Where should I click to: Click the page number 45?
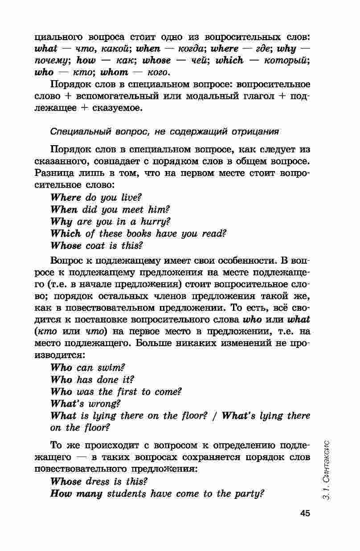pos(305,513)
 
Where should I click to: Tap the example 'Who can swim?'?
pos(86,368)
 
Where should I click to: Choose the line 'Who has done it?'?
pos(92,380)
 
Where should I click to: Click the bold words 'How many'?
pos(76,494)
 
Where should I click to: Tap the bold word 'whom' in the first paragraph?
pos(114,72)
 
